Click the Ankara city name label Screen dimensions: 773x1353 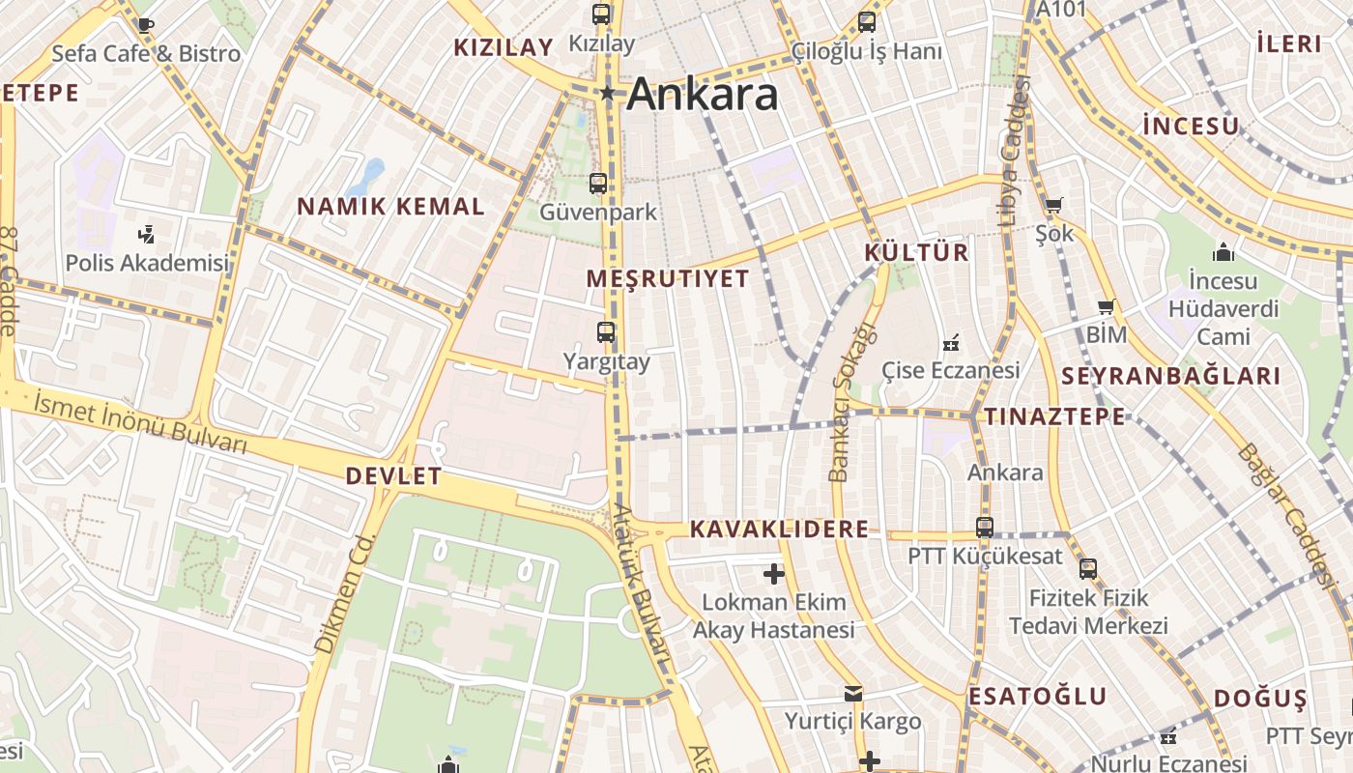point(703,95)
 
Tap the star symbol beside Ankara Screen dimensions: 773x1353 point(608,94)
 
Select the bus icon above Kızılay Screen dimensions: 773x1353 point(601,14)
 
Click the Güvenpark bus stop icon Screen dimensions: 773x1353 point(598,184)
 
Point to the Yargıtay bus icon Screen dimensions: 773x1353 point(606,333)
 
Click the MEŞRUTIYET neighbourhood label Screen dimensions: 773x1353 point(668,279)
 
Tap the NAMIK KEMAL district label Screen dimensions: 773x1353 point(390,206)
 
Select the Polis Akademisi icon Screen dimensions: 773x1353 point(146,234)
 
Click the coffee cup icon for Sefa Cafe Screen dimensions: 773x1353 point(145,25)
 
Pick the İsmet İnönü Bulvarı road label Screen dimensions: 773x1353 point(140,423)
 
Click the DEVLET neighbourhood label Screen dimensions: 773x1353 point(393,475)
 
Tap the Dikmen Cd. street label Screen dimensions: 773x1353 point(343,591)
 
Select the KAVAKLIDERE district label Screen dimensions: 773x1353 point(779,530)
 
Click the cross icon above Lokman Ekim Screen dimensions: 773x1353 point(773,574)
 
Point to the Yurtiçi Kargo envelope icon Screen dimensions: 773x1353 point(852,693)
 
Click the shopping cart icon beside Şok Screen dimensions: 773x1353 point(1053,205)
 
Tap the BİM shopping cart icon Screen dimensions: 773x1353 point(1107,307)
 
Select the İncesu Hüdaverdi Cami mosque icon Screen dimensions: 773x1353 point(1223,252)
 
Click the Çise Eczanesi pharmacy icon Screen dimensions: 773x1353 point(951,343)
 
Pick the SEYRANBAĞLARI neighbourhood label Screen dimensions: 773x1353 point(1170,377)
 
